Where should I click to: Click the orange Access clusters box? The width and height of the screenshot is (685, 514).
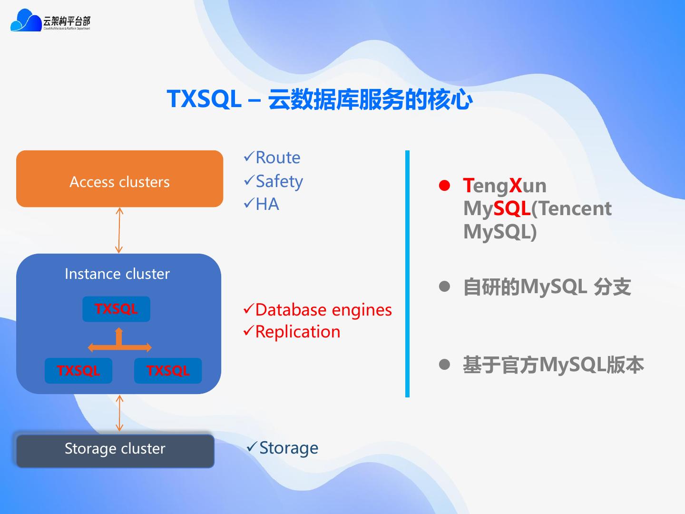[x=119, y=179]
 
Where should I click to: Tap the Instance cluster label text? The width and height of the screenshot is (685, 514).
[x=117, y=274]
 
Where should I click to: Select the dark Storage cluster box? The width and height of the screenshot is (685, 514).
[x=115, y=450]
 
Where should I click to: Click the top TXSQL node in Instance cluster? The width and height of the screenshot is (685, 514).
[x=116, y=309]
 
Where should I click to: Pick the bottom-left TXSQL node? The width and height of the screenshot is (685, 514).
[x=78, y=371]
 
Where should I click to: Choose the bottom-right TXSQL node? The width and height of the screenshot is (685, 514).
[x=168, y=371]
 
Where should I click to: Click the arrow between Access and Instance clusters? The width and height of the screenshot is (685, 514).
[x=119, y=230]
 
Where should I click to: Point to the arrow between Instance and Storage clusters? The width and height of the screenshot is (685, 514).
[x=119, y=413]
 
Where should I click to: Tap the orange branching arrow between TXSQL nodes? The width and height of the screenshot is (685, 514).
[x=119, y=344]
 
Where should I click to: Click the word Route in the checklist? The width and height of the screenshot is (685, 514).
[x=278, y=158]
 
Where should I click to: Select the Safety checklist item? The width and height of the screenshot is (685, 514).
[x=279, y=181]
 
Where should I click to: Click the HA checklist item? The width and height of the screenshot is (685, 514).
[x=267, y=204]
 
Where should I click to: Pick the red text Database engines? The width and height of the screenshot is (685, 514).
[x=323, y=310]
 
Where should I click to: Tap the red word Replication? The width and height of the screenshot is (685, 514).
[x=298, y=332]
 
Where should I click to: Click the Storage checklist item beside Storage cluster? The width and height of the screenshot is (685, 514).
[x=289, y=448]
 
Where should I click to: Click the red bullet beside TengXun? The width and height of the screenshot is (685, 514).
[x=444, y=186]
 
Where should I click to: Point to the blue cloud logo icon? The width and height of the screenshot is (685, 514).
[x=26, y=21]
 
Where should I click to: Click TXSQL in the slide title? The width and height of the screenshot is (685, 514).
[x=204, y=99]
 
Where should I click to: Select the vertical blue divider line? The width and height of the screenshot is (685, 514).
[x=407, y=274]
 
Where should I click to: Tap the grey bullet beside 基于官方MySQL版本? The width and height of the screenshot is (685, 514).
[x=444, y=365]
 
